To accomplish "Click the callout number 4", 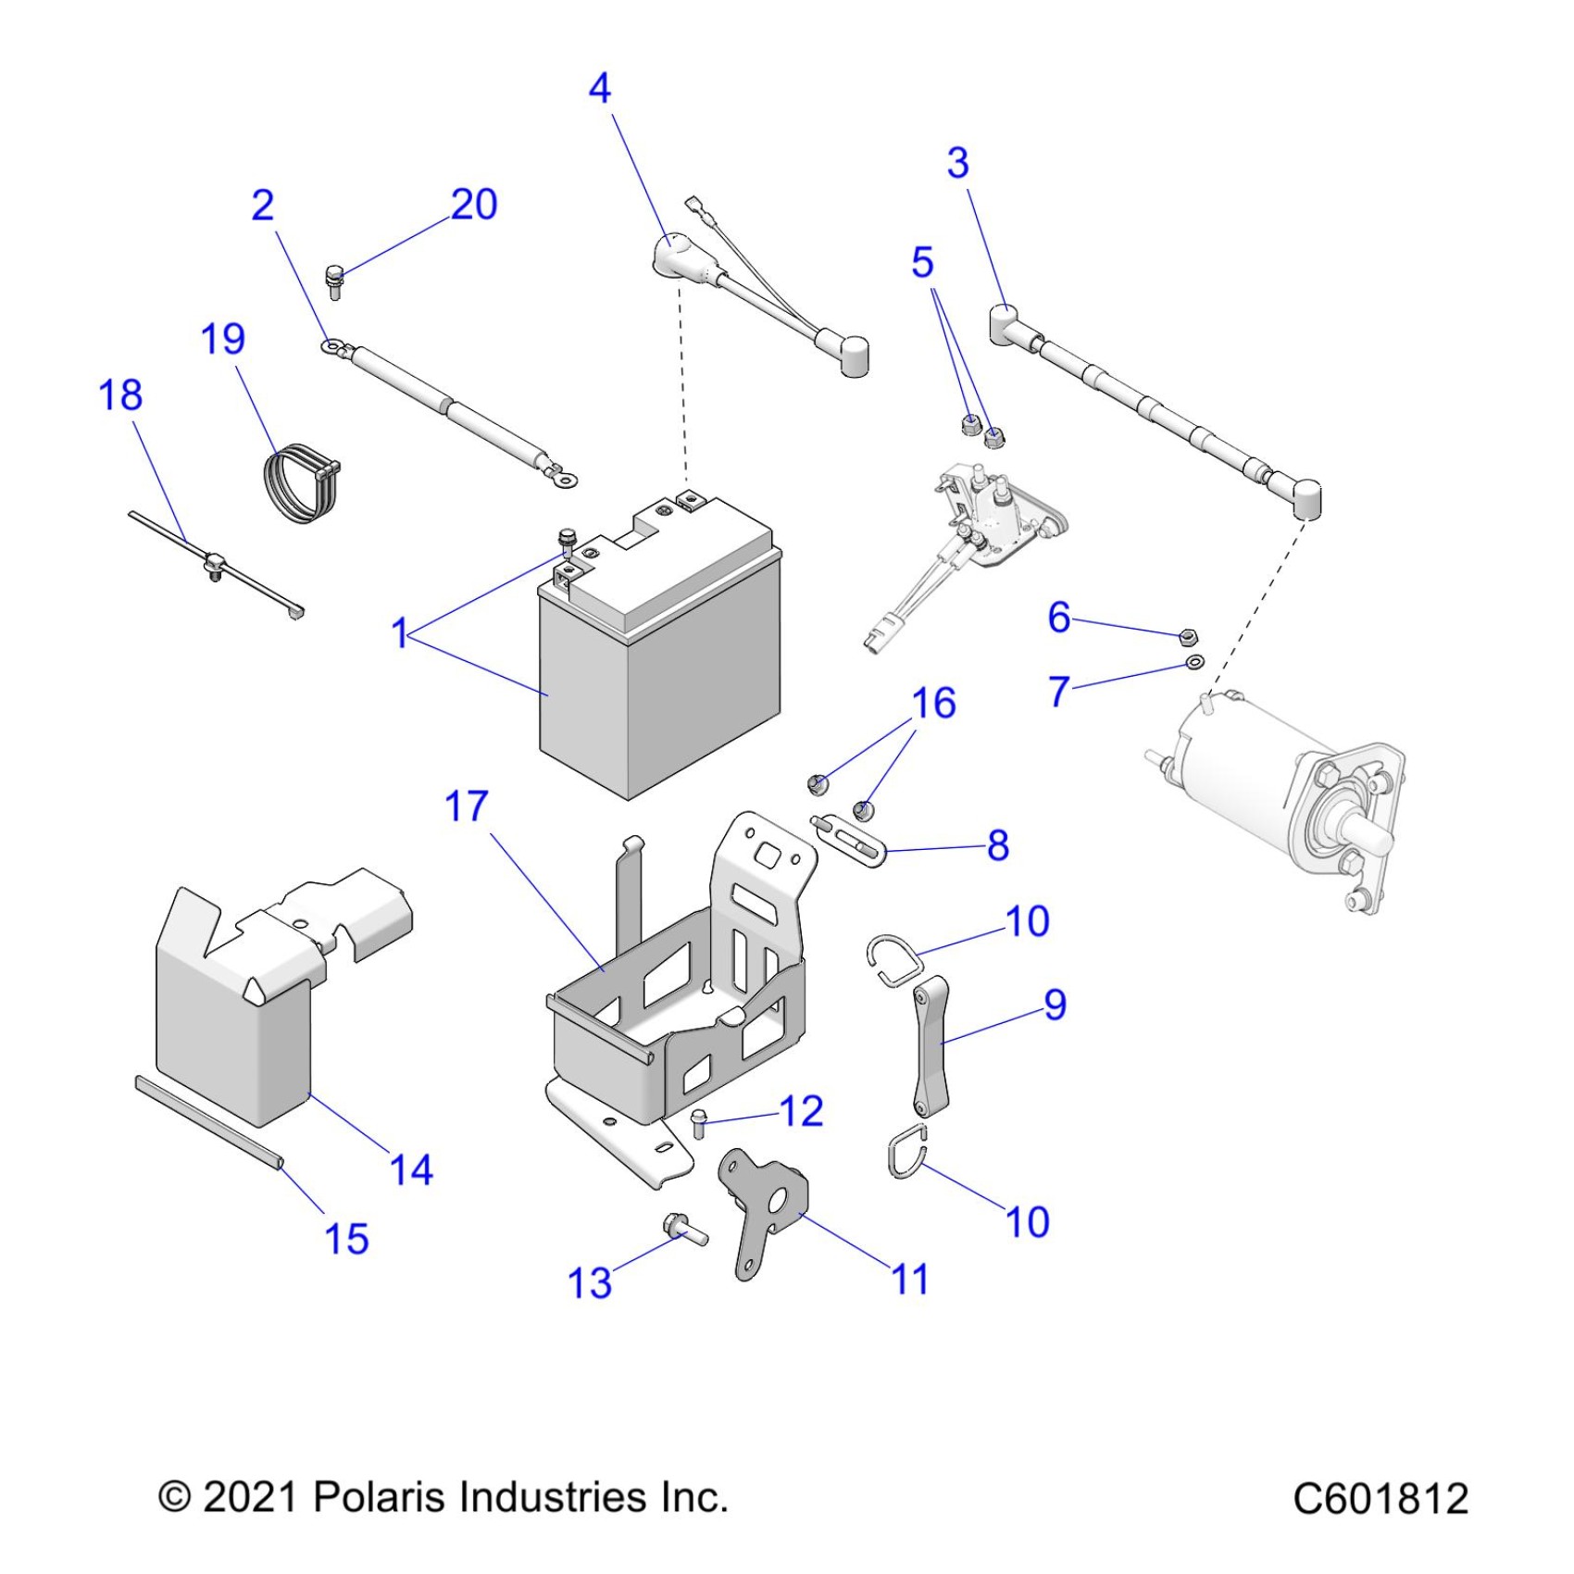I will click(x=600, y=89).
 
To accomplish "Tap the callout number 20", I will click(x=474, y=205).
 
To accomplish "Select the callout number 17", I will click(x=466, y=806).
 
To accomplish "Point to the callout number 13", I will click(x=590, y=1283).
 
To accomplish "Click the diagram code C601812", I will click(x=1380, y=1498).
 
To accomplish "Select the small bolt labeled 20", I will click(x=334, y=280).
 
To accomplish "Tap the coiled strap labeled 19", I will click(x=298, y=483).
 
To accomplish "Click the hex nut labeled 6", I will click(x=1189, y=636).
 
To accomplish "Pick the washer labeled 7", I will click(x=1195, y=662).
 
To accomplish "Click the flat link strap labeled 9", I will click(x=931, y=1045).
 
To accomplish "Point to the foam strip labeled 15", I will click(x=208, y=1122).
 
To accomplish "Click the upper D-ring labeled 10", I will click(x=894, y=957).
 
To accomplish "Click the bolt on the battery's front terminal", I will click(x=565, y=540).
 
